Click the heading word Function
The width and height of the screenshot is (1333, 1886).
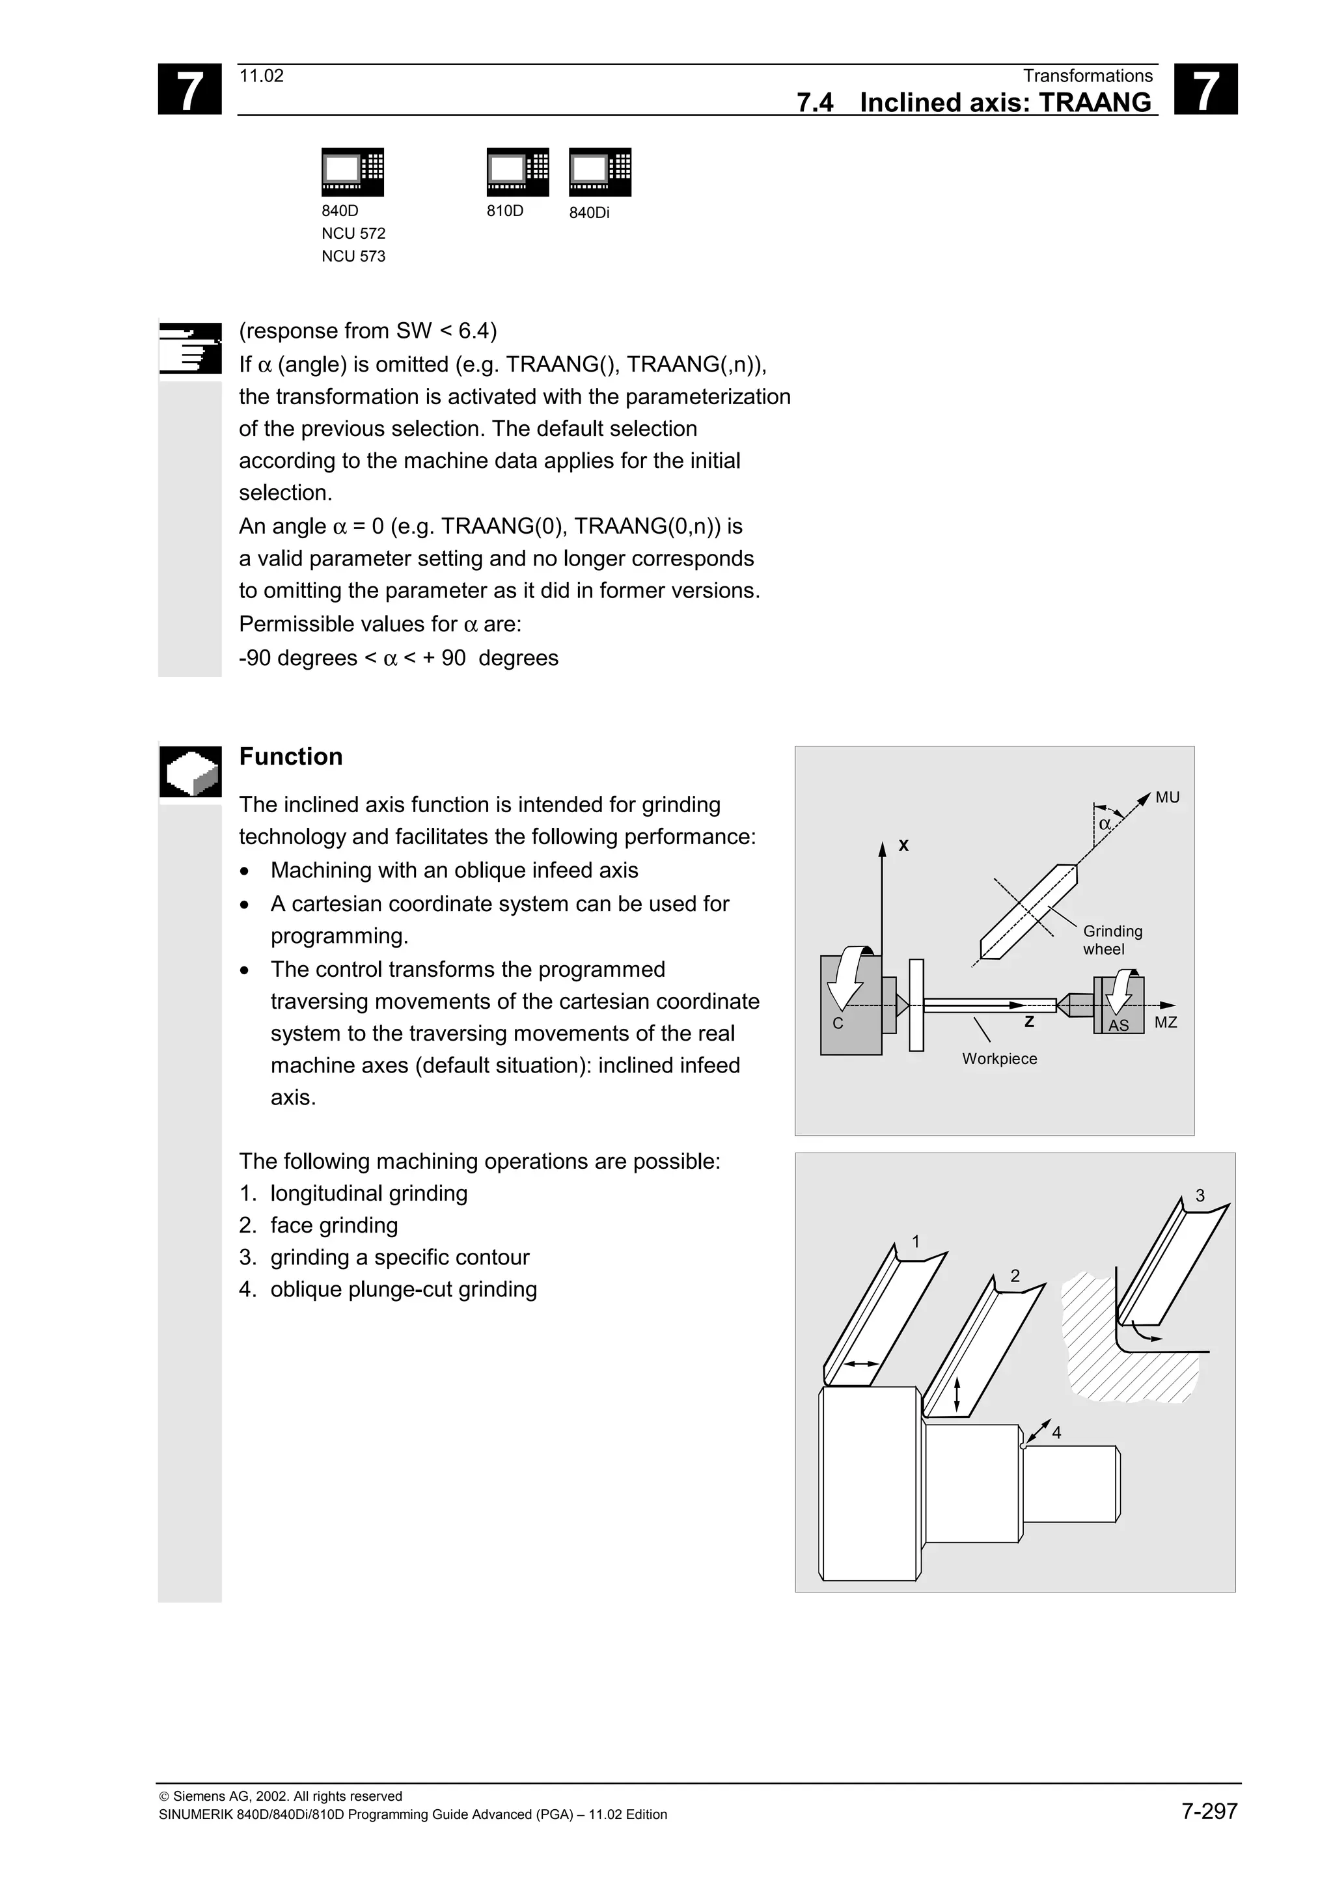pyautogui.click(x=291, y=756)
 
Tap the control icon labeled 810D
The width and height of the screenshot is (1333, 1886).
pyautogui.click(x=517, y=172)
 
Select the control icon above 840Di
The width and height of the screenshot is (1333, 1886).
pyautogui.click(x=599, y=172)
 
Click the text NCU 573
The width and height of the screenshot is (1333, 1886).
pyautogui.click(x=353, y=256)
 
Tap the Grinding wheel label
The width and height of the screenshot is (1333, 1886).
pyautogui.click(x=1112, y=940)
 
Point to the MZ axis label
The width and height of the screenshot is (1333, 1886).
pyautogui.click(x=1166, y=1022)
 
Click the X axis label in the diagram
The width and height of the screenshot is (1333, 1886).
pyautogui.click(x=903, y=845)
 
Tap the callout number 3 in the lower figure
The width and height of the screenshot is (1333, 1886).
pyautogui.click(x=1200, y=1196)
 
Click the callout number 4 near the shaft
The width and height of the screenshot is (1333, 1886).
pyautogui.click(x=1057, y=1432)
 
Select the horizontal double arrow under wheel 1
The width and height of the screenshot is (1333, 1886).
pyautogui.click(x=862, y=1363)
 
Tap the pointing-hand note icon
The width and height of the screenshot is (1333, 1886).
pyautogui.click(x=189, y=348)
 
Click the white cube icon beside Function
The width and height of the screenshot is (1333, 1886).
pyautogui.click(x=189, y=771)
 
